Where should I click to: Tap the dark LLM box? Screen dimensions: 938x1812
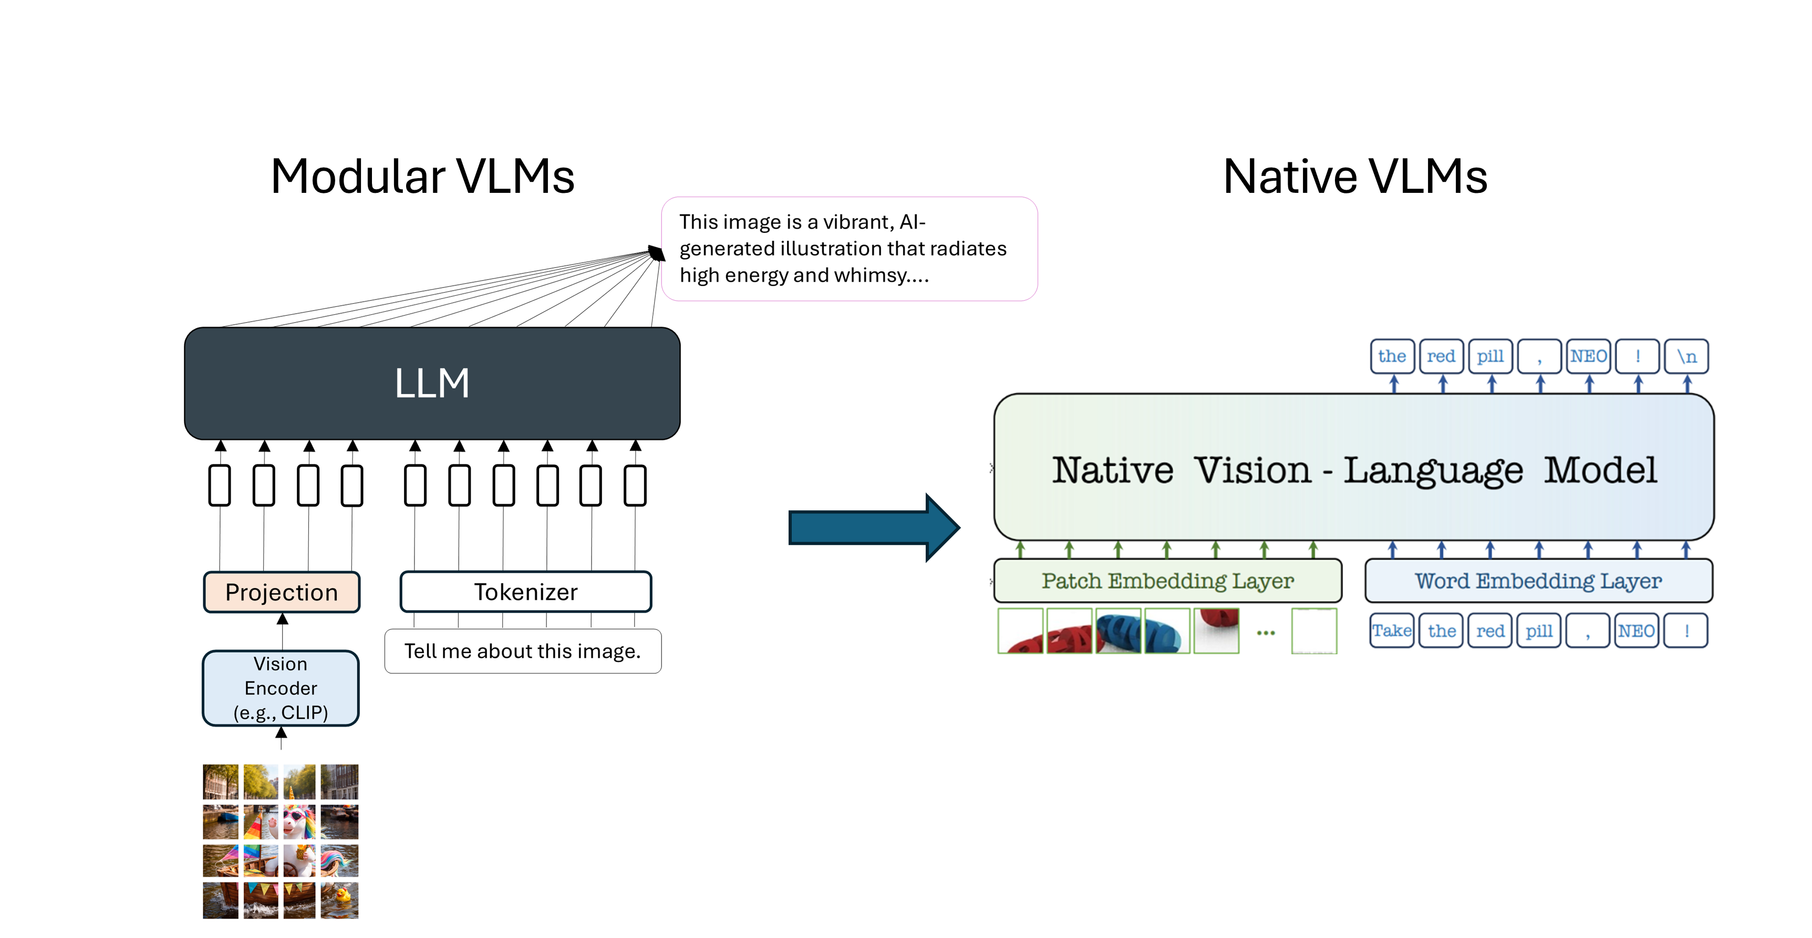point(432,384)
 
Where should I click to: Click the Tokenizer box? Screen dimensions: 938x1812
point(525,592)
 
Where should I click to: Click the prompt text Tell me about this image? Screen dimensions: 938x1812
point(522,651)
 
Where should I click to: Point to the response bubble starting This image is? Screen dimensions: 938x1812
point(849,249)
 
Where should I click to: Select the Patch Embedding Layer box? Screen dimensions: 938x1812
point(1167,581)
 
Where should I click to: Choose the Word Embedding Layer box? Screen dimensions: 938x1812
point(1538,581)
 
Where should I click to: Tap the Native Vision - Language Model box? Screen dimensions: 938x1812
point(1353,469)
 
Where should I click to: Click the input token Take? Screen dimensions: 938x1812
point(1391,631)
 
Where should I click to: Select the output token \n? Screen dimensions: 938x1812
point(1686,356)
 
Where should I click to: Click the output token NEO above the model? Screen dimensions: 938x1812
point(1588,356)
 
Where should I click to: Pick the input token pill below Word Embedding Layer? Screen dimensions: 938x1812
point(1538,631)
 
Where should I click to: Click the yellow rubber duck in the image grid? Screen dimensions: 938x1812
point(342,895)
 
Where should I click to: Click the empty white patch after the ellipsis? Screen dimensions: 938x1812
point(1313,631)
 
